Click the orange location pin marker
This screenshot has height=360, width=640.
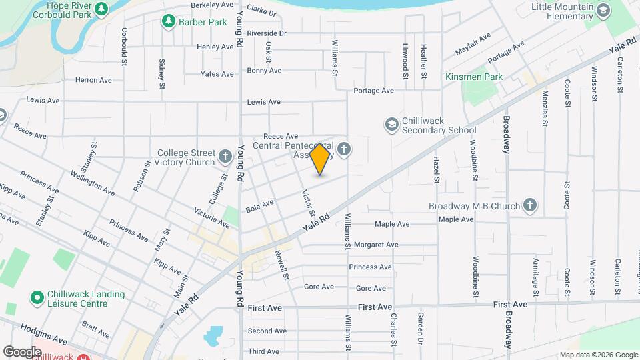(320, 159)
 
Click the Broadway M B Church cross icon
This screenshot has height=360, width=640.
(530, 205)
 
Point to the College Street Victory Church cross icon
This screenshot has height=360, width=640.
(226, 157)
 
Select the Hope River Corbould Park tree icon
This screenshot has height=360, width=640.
(101, 9)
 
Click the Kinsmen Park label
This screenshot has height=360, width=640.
(474, 77)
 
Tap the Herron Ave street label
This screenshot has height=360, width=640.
(93, 80)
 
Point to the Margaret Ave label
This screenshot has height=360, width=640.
(376, 245)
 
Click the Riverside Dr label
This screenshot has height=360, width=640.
(266, 33)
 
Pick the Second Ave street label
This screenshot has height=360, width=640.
(267, 331)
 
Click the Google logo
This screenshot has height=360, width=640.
(22, 351)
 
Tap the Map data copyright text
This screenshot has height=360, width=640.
(598, 355)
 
